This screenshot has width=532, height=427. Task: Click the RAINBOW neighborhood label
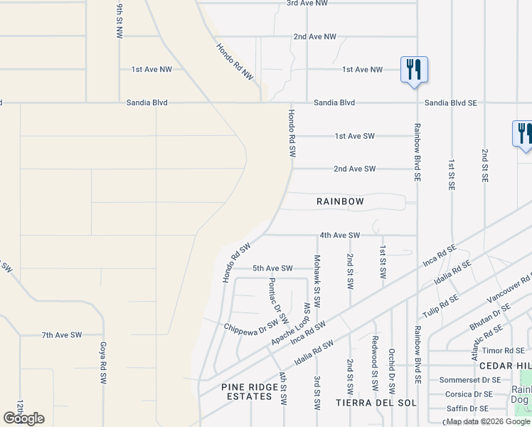340,202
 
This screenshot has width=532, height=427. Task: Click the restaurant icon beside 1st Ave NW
414,70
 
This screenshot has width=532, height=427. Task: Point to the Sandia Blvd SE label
450,103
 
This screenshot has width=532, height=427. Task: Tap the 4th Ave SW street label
340,235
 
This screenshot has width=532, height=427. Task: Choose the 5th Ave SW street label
272,268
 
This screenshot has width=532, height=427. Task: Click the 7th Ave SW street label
62,334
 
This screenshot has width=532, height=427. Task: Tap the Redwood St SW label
375,374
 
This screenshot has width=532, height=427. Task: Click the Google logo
24,418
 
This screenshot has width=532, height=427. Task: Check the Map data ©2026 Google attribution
488,421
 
